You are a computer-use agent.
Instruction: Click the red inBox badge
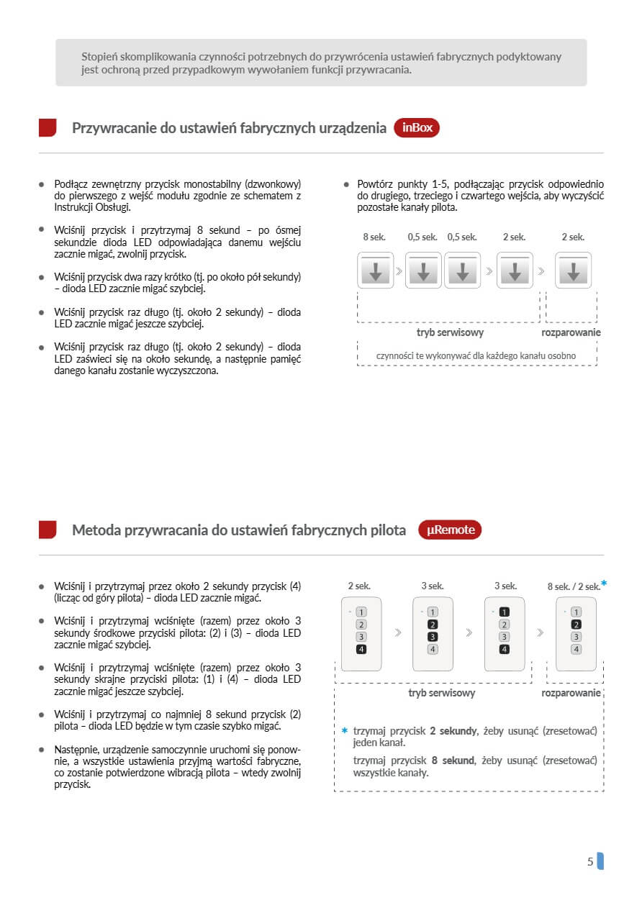coord(417,128)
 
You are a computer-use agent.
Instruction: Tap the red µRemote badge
coord(450,530)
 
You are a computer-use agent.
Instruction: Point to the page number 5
coord(590,861)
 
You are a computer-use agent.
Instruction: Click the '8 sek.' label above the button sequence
coord(375,237)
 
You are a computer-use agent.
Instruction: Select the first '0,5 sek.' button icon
coord(423,271)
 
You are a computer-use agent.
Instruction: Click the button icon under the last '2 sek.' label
coord(573,271)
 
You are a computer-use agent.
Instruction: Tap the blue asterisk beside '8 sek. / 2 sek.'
coord(604,584)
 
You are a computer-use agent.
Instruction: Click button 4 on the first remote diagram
coord(361,649)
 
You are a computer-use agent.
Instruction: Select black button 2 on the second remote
coord(433,625)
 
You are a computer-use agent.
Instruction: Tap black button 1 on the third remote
coord(504,612)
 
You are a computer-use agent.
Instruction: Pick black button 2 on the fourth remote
coord(576,625)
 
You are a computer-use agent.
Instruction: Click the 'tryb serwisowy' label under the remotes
coord(441,693)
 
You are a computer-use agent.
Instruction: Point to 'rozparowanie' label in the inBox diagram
coord(571,332)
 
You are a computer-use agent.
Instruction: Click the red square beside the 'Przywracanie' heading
coord(48,128)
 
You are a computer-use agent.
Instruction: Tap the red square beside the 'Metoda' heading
coord(48,530)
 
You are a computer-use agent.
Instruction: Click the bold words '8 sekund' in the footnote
coord(453,761)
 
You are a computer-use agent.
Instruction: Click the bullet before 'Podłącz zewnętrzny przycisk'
coord(42,184)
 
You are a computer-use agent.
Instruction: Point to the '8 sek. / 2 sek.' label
coord(573,586)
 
